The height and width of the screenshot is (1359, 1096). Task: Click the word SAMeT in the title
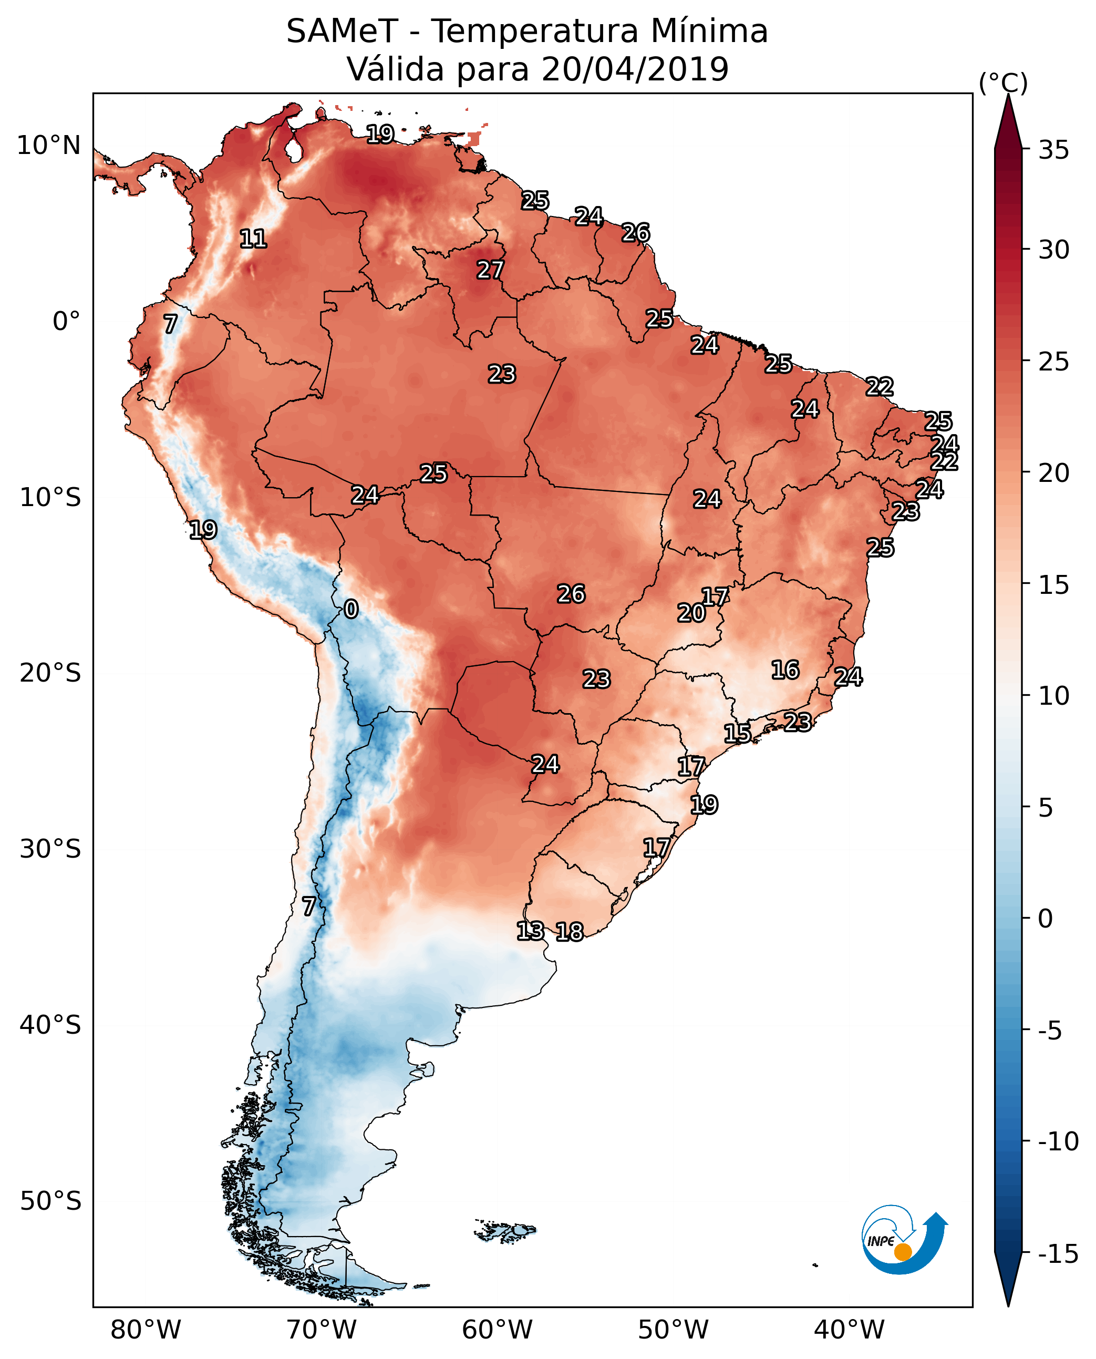342,32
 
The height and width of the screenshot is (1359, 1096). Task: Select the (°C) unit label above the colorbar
1002,83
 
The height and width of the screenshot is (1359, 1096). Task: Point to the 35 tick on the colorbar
1053,150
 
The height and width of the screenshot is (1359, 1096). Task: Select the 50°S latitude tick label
50,1201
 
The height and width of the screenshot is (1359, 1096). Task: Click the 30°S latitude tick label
50,849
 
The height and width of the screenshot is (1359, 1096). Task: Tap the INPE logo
904,1240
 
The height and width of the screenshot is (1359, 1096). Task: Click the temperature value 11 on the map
253,239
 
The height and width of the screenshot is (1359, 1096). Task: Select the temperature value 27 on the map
490,270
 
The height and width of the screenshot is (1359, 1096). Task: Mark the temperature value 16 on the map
785,670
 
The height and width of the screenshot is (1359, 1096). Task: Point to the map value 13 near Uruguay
530,931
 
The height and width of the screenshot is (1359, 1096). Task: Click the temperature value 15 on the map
737,734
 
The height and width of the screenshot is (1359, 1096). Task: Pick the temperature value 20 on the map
691,613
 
